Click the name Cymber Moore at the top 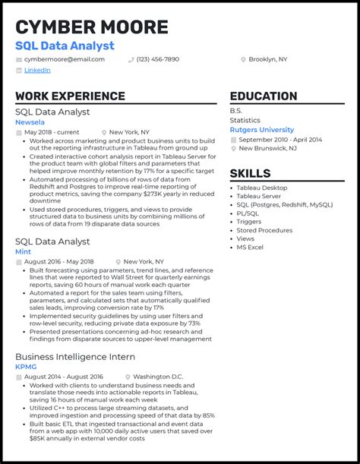tap(91, 27)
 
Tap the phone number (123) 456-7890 tap(158, 59)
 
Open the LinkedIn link tap(37, 70)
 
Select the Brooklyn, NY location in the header tap(268, 59)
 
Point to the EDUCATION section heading tap(264, 96)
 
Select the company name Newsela tap(30, 122)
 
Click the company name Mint tap(22, 251)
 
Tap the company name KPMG tap(25, 367)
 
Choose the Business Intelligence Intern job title tap(75, 356)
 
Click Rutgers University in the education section tap(261, 130)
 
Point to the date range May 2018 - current tap(52, 132)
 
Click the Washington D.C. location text tap(158, 377)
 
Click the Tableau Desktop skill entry tap(262, 188)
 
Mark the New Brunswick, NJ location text tap(267, 148)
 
